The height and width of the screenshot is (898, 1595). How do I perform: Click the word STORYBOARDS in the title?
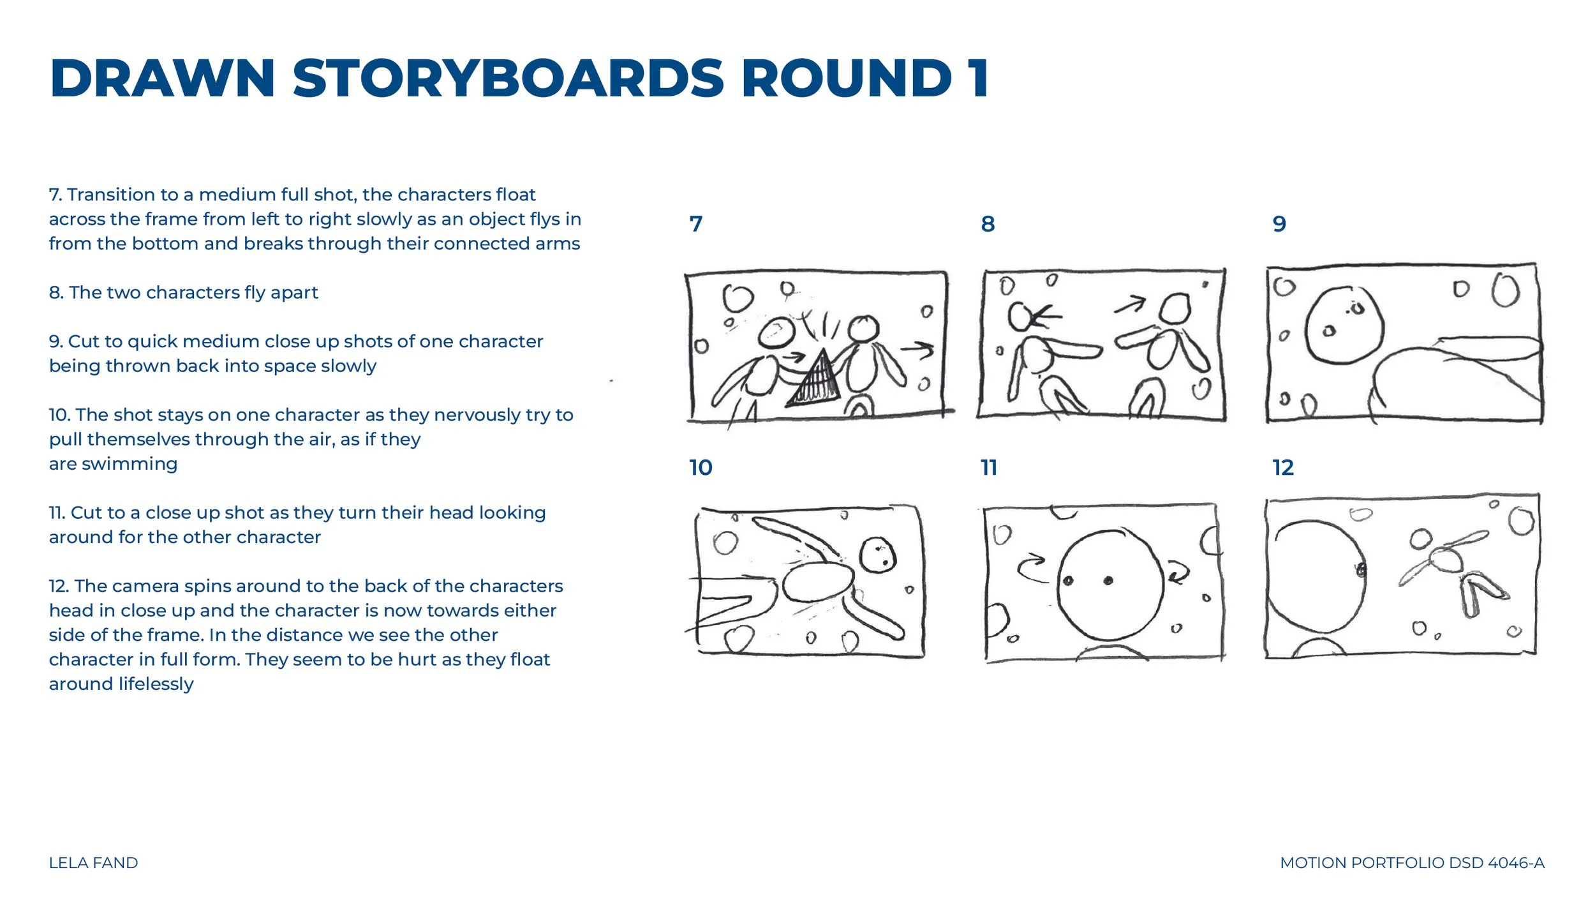(508, 79)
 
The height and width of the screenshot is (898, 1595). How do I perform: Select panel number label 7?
(695, 223)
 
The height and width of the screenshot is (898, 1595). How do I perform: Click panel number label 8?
(988, 223)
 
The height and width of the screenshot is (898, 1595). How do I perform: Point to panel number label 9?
(1279, 223)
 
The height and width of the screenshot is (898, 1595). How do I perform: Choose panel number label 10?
(701, 467)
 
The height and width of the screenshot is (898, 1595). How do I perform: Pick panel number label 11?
(989, 467)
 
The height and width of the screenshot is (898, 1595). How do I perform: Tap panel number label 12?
(1283, 467)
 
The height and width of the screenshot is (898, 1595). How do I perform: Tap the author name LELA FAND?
(93, 863)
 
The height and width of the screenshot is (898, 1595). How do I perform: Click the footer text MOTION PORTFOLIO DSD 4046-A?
(1412, 863)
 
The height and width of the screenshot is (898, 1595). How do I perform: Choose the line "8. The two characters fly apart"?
(183, 292)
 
